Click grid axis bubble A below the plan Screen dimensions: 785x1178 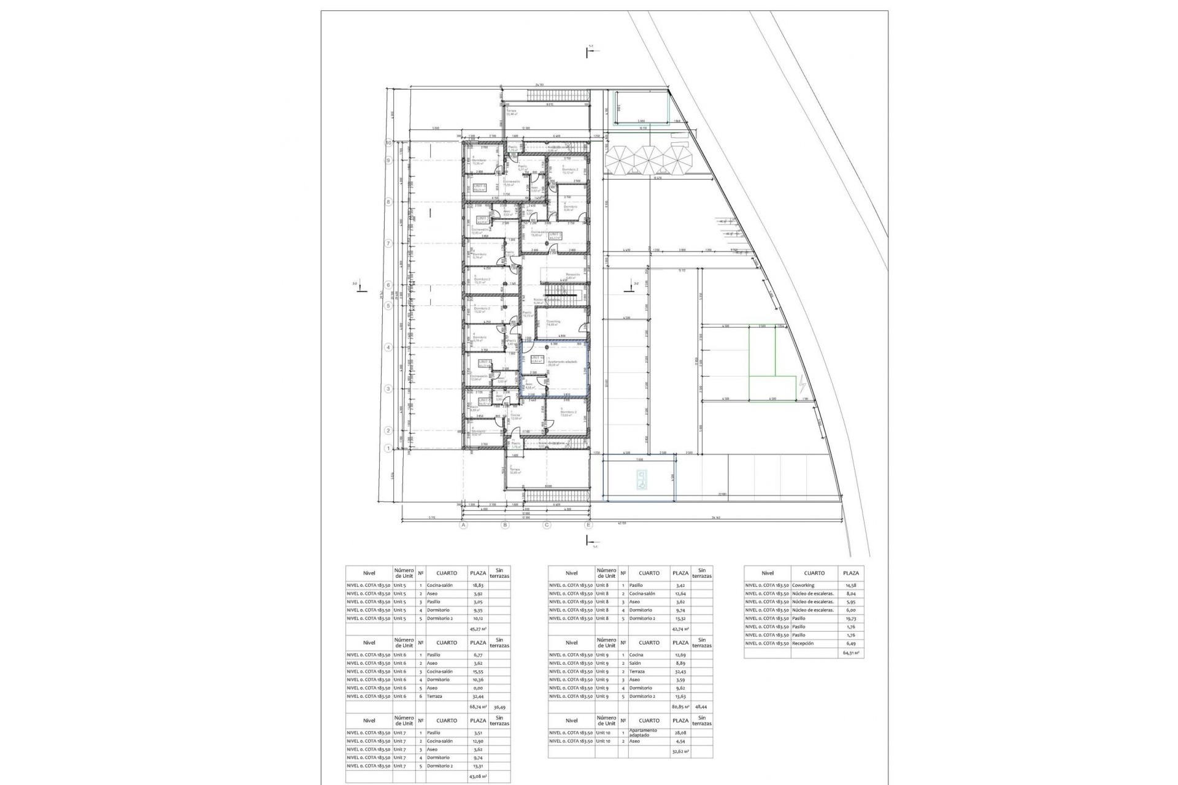[464, 525]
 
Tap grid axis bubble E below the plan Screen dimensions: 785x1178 [588, 525]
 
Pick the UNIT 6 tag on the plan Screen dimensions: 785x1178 [479, 187]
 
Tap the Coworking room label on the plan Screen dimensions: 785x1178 [553, 323]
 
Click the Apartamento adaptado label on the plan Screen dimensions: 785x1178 [563, 363]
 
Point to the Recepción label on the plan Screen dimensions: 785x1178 [572, 275]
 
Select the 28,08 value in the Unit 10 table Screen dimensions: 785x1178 [679, 732]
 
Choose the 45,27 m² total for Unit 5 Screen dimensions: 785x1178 [478, 629]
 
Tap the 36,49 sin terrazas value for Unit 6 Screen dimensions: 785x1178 [499, 706]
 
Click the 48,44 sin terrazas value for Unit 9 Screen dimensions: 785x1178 [701, 706]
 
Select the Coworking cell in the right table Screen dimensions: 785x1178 [803, 585]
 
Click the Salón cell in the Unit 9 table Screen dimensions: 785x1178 [636, 663]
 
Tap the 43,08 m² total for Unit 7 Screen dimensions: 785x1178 [477, 776]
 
